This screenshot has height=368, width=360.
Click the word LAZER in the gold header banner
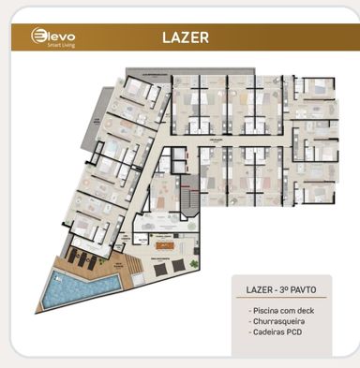click(184, 38)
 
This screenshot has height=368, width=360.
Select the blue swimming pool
click(82, 286)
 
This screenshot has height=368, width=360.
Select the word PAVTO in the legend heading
click(308, 289)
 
